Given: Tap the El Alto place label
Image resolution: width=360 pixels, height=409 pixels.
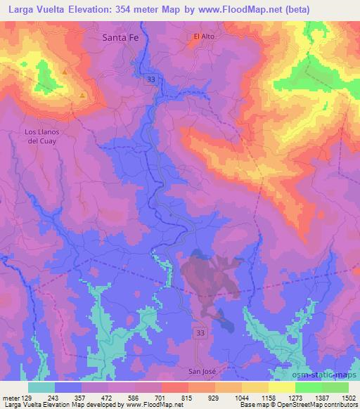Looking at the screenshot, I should [x=204, y=36].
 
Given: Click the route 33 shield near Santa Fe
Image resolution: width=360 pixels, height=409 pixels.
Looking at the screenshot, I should [x=152, y=81].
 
